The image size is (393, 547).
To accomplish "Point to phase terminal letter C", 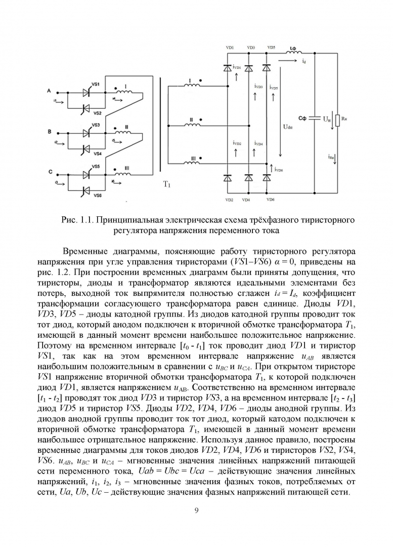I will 50,172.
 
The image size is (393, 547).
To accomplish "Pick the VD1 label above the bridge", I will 230,47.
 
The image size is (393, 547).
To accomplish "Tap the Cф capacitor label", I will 302,118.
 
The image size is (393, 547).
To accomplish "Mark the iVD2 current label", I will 237,143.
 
